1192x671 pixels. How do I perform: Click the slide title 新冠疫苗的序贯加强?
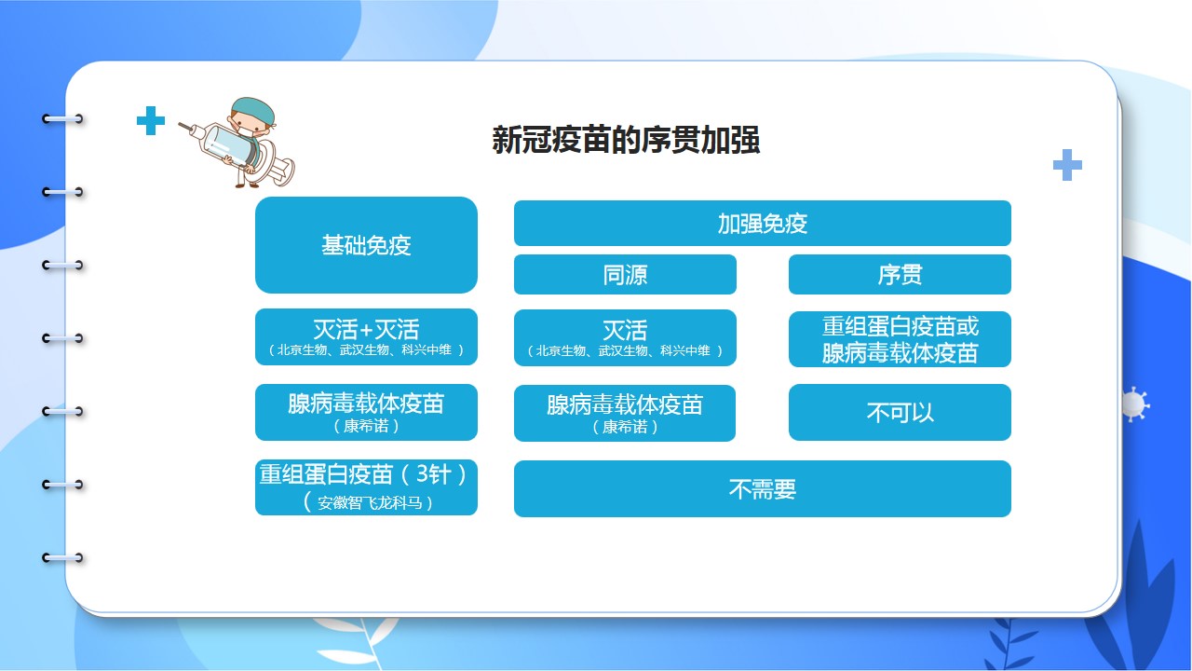click(x=626, y=140)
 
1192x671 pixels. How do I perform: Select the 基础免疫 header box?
click(x=366, y=245)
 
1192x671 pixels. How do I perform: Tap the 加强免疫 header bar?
click(x=762, y=223)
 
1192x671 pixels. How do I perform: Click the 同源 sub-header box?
click(x=625, y=274)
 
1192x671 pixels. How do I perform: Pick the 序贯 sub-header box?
click(x=900, y=274)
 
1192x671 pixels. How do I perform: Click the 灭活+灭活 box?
click(x=366, y=336)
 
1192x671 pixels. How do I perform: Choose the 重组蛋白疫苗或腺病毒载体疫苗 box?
click(x=900, y=339)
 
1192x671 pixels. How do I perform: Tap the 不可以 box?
click(x=900, y=412)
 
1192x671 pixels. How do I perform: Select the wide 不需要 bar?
click(x=762, y=488)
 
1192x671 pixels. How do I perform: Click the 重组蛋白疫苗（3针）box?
click(x=366, y=487)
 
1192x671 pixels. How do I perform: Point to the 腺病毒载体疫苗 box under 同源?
click(x=625, y=413)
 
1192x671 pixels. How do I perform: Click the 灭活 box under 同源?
click(x=625, y=337)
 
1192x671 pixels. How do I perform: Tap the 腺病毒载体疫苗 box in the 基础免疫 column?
click(x=366, y=412)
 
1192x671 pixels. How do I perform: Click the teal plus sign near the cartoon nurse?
click(x=151, y=120)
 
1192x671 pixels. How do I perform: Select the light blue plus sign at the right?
click(x=1067, y=165)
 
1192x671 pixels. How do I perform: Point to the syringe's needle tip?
click(x=180, y=124)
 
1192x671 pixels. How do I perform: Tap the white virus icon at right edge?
click(x=1134, y=404)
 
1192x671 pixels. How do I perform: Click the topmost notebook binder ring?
click(x=62, y=118)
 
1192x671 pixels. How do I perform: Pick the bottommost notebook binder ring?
click(x=62, y=558)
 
